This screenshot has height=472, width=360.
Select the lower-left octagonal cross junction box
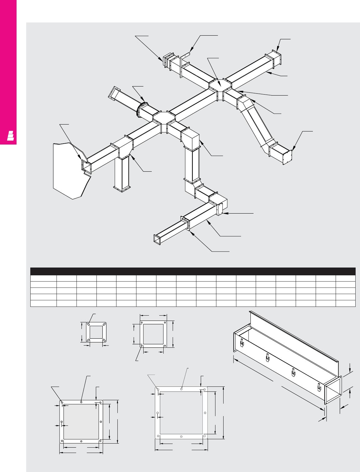pos(164,117)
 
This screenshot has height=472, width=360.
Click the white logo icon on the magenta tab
pos(11,136)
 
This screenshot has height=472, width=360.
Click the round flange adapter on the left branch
pos(139,109)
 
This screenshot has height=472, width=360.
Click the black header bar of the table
pos(193,271)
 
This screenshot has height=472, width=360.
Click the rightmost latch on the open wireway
pos(318,387)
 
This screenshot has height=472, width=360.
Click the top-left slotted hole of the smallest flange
pos(89,325)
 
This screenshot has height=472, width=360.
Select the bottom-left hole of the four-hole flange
pos(142,346)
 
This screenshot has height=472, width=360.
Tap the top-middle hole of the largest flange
pos(181,389)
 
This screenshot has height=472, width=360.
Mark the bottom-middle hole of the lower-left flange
pos(81,441)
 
